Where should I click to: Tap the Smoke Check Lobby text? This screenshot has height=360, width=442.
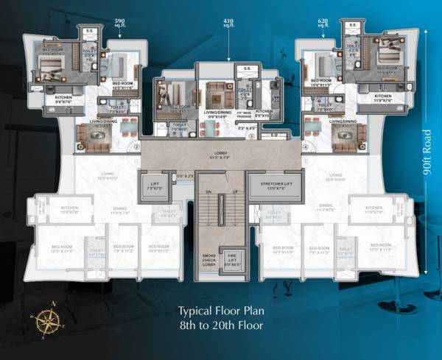pyautogui.click(x=209, y=259)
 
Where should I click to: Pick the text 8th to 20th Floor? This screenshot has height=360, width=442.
pyautogui.click(x=222, y=324)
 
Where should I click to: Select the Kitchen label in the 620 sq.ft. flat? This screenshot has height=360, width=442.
pyautogui.click(x=383, y=97)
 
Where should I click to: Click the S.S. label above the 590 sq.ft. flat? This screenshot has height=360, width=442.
pyautogui.click(x=87, y=31)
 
